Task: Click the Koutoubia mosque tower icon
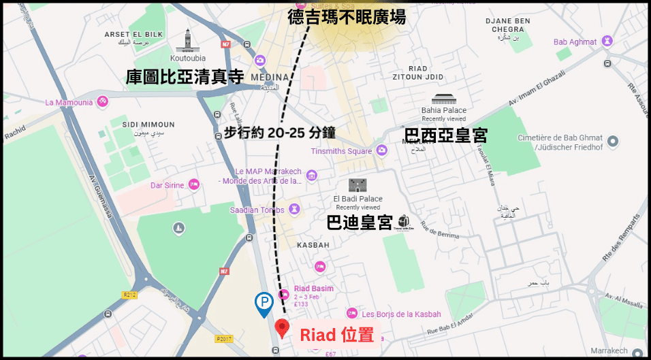(x=187, y=41)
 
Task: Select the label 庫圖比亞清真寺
(x=185, y=77)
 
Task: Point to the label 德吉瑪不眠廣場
(x=347, y=17)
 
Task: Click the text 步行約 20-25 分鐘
(x=280, y=133)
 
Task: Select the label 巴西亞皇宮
(x=445, y=135)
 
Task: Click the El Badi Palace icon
(x=358, y=185)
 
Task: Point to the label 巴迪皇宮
(x=360, y=222)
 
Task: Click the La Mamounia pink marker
(x=102, y=102)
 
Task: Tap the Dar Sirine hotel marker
(x=194, y=184)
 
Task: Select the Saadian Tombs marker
(x=295, y=209)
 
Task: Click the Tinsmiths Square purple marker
(x=381, y=151)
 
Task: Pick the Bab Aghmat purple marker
(x=608, y=42)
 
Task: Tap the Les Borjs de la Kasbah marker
(x=352, y=314)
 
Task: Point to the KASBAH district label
(x=313, y=244)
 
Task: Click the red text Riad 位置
(x=337, y=335)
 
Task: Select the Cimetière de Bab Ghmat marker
(x=613, y=142)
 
